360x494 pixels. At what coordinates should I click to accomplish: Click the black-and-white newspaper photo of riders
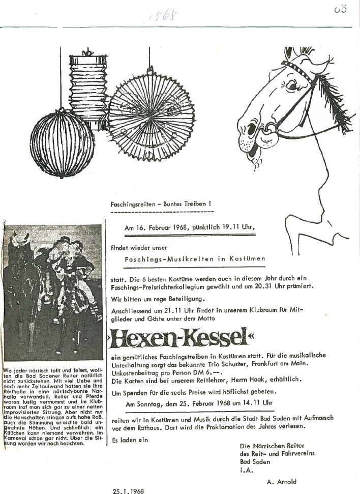click(52, 293)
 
